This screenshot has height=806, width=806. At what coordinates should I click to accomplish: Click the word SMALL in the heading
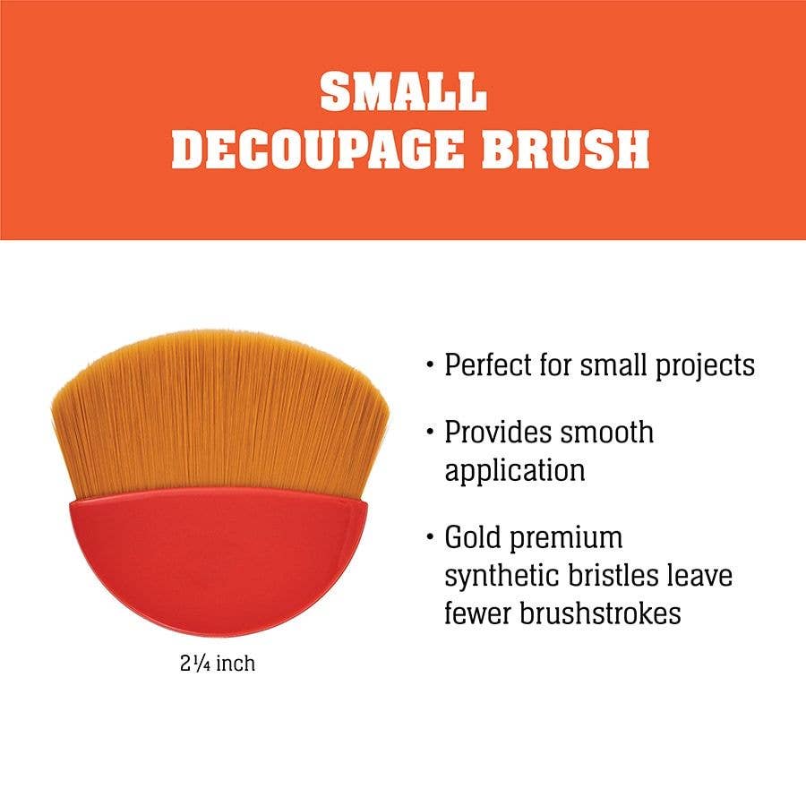click(403, 91)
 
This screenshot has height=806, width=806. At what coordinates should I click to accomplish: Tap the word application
click(515, 470)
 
